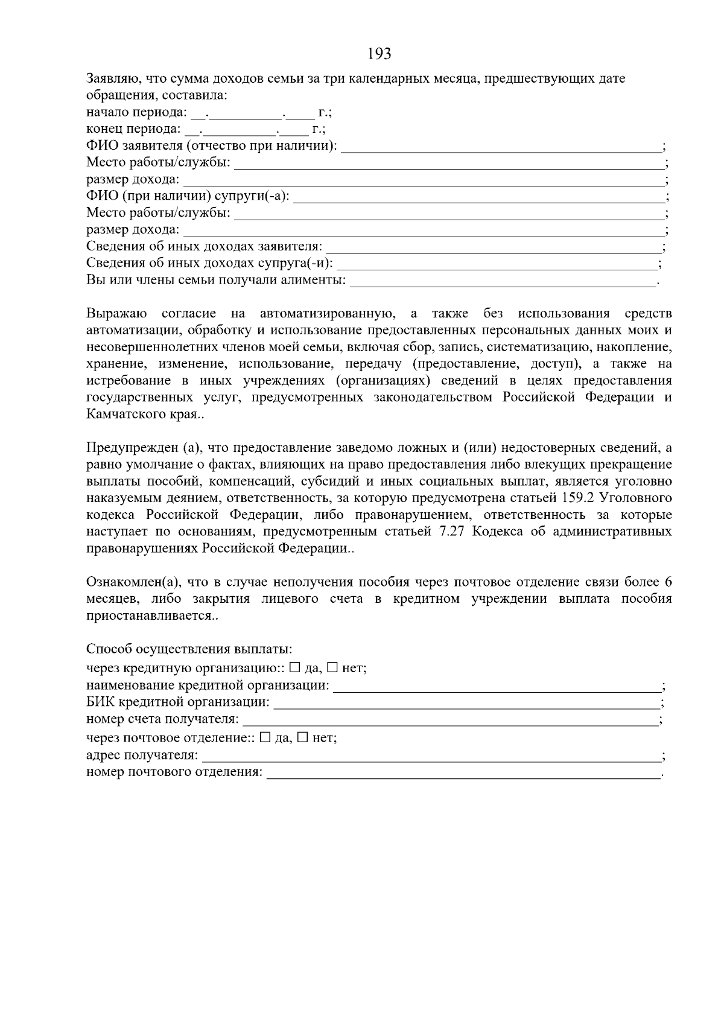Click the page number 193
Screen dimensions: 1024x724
[379, 54]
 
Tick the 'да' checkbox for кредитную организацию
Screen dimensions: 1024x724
[295, 668]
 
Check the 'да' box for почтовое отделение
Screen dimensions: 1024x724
[265, 737]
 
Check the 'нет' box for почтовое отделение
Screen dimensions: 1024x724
[302, 737]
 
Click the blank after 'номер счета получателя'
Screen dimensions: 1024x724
[449, 720]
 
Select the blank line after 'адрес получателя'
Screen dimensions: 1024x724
[431, 756]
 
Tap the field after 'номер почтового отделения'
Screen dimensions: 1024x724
[463, 773]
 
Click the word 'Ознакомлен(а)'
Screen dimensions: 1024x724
[133, 582]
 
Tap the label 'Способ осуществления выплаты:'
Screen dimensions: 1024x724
[189, 649]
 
